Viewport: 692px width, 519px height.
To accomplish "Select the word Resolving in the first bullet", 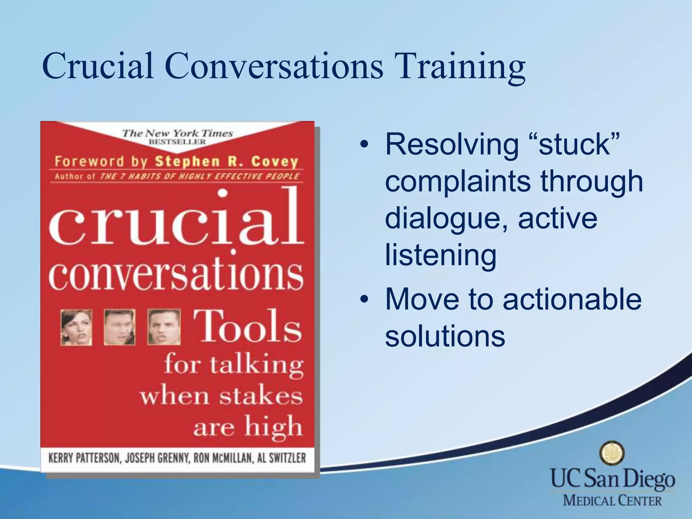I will coord(452,145).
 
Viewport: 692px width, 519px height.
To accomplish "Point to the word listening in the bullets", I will coord(441,255).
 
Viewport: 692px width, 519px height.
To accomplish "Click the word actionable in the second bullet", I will coord(572,299).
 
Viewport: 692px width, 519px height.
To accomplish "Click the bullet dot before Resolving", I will coord(364,145).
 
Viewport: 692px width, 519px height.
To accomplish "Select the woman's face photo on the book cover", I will coord(76,327).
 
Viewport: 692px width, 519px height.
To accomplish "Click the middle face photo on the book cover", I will coord(119,327).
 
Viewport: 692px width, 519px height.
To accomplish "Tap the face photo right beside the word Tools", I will coord(164,327).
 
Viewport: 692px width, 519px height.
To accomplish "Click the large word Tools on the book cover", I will coord(247,326).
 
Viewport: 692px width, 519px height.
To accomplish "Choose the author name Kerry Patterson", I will coord(84,458).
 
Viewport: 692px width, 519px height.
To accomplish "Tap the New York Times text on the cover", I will coord(177,133).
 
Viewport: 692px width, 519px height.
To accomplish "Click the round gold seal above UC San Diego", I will coord(612,453).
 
